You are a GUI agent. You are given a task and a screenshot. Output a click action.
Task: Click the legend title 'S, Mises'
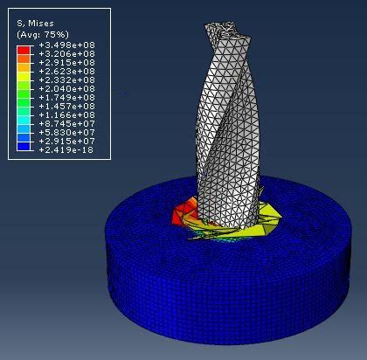point(35,24)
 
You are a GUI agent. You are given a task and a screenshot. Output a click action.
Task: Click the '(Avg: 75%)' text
point(43,35)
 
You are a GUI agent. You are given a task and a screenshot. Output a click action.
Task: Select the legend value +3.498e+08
point(66,45)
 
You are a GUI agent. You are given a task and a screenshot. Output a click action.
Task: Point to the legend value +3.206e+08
point(66,54)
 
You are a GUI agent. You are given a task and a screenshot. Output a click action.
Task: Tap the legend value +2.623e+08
point(66,72)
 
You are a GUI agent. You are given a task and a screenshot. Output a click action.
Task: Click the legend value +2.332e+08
point(66,80)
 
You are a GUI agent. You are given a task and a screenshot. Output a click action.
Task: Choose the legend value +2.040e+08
point(66,89)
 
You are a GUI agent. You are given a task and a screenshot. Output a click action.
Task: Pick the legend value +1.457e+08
point(66,107)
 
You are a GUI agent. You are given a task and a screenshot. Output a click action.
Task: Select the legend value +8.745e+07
point(66,124)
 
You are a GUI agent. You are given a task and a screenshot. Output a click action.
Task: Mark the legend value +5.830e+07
point(66,133)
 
